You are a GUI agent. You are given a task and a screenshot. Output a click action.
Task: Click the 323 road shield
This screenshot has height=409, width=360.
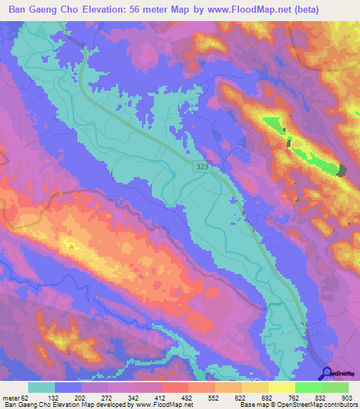click(x=202, y=164)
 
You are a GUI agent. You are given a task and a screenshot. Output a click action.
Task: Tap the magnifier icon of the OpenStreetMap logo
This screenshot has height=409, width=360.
click(x=325, y=372)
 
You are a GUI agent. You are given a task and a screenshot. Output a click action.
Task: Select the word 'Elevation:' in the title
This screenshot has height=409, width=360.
click(x=112, y=10)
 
